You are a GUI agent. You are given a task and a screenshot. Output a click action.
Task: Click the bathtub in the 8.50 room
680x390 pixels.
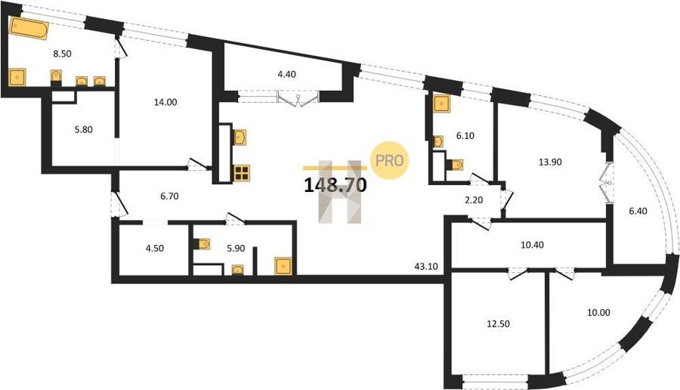(29, 29)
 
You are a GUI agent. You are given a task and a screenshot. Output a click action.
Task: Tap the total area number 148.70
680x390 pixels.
(335, 185)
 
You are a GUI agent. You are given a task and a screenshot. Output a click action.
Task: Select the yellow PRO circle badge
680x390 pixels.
(389, 160)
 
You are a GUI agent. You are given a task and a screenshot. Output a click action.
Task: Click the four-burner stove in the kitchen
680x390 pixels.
(242, 173)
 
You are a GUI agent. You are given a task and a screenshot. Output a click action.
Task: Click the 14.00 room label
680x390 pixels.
(165, 102)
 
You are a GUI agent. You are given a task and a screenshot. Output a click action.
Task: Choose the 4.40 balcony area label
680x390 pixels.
(286, 74)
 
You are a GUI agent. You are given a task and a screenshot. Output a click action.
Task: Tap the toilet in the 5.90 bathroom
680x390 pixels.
(201, 244)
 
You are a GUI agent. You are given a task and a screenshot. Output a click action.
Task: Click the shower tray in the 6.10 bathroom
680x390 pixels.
(442, 104)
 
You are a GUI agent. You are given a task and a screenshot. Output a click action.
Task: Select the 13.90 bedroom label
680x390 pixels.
(550, 162)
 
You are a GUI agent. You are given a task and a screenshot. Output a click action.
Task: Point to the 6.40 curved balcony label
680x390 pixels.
(638, 212)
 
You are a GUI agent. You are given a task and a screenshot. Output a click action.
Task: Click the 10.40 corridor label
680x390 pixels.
(532, 245)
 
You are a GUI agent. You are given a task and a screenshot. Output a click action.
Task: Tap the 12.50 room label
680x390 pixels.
(499, 323)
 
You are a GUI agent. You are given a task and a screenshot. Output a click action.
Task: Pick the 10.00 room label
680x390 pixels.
(598, 312)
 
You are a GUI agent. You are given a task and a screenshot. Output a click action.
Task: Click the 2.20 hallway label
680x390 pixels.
(474, 200)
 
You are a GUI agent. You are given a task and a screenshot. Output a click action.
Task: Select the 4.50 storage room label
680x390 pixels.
(154, 249)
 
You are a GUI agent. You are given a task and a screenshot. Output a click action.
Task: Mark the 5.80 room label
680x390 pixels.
(84, 129)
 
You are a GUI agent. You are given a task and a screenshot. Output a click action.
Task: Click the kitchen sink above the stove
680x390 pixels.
(240, 138)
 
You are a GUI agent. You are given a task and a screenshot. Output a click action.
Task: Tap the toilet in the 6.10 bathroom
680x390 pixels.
(455, 165)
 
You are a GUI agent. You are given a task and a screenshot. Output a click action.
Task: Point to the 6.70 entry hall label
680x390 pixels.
(169, 197)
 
